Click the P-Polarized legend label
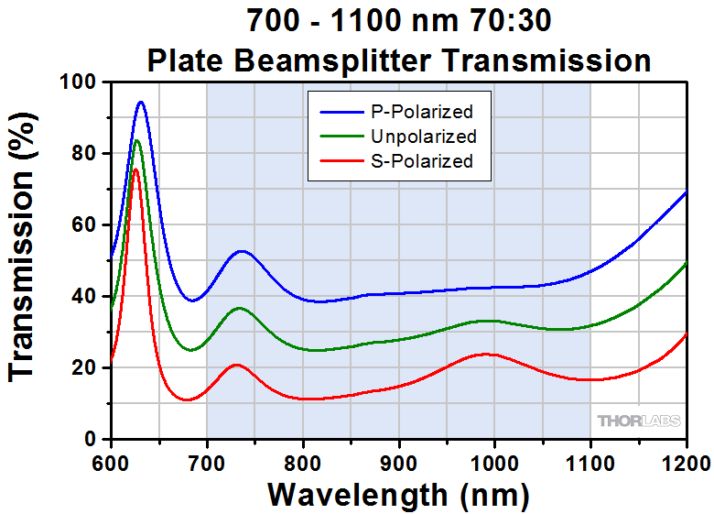pyautogui.click(x=422, y=113)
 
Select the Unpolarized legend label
pyautogui.click(x=424, y=137)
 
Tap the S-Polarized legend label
pyautogui.click(x=422, y=161)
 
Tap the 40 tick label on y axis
pyautogui.click(x=84, y=296)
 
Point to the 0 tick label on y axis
pyautogui.click(x=91, y=439)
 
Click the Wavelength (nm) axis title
pyautogui.click(x=398, y=495)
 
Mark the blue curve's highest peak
pyautogui.click(x=141, y=102)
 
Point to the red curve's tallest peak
pyautogui.click(x=135, y=170)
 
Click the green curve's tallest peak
pyautogui.click(x=137, y=140)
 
